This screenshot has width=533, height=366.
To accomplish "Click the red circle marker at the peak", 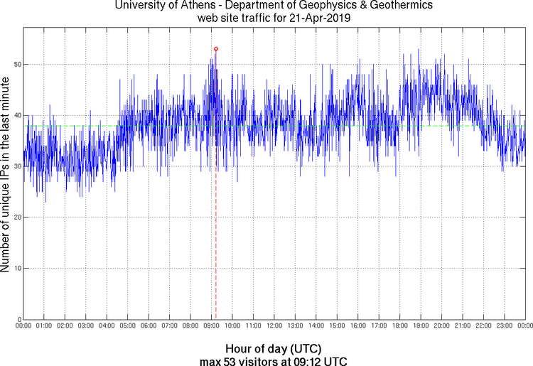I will (x=215, y=49).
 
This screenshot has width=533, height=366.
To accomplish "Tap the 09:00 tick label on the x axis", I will (x=211, y=325).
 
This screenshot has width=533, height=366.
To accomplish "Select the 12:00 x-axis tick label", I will (x=274, y=325).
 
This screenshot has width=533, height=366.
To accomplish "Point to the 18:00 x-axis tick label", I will (x=399, y=325).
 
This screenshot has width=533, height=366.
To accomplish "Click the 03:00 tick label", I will (x=85, y=325).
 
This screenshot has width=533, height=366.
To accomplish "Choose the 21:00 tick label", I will (x=462, y=325).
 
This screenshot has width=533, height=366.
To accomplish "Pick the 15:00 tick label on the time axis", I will (x=337, y=325).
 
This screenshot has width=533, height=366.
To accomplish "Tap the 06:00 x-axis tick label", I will (x=149, y=325).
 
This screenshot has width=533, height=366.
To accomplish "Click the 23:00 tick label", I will (x=504, y=325).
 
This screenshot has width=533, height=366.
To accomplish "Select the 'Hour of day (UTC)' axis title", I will (x=274, y=349).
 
